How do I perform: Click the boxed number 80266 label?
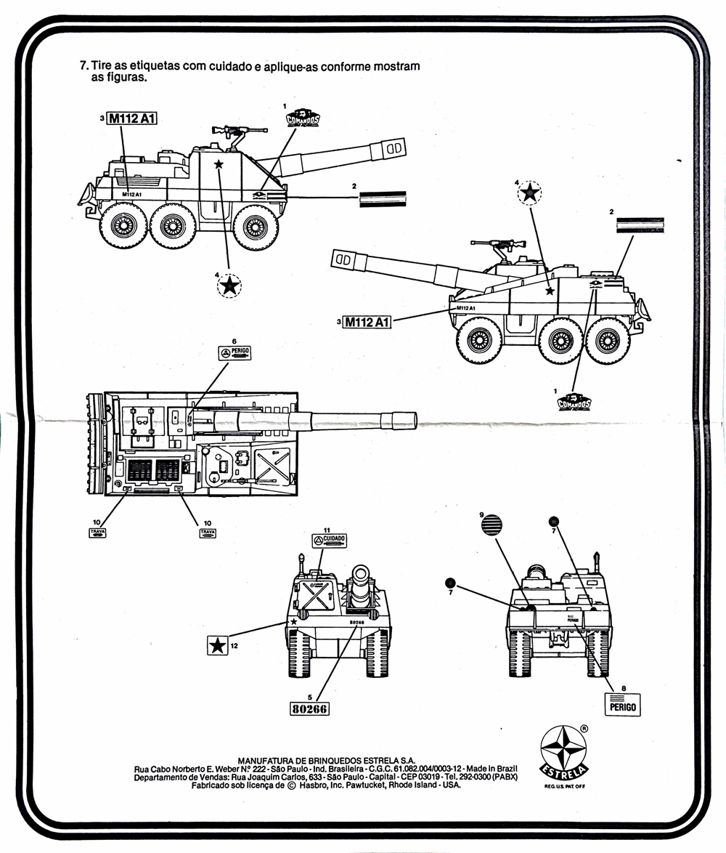(x=309, y=709)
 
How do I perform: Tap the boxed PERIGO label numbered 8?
(x=623, y=704)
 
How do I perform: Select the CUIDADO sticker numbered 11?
(x=330, y=541)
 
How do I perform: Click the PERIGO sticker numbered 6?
(x=235, y=353)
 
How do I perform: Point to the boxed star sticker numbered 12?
(x=217, y=644)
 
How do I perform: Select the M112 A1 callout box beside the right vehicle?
(x=367, y=322)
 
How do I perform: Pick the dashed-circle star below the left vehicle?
(x=229, y=286)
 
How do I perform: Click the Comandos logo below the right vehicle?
(x=574, y=401)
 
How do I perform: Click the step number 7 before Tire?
(x=83, y=65)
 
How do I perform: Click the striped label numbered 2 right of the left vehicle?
(x=383, y=198)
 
